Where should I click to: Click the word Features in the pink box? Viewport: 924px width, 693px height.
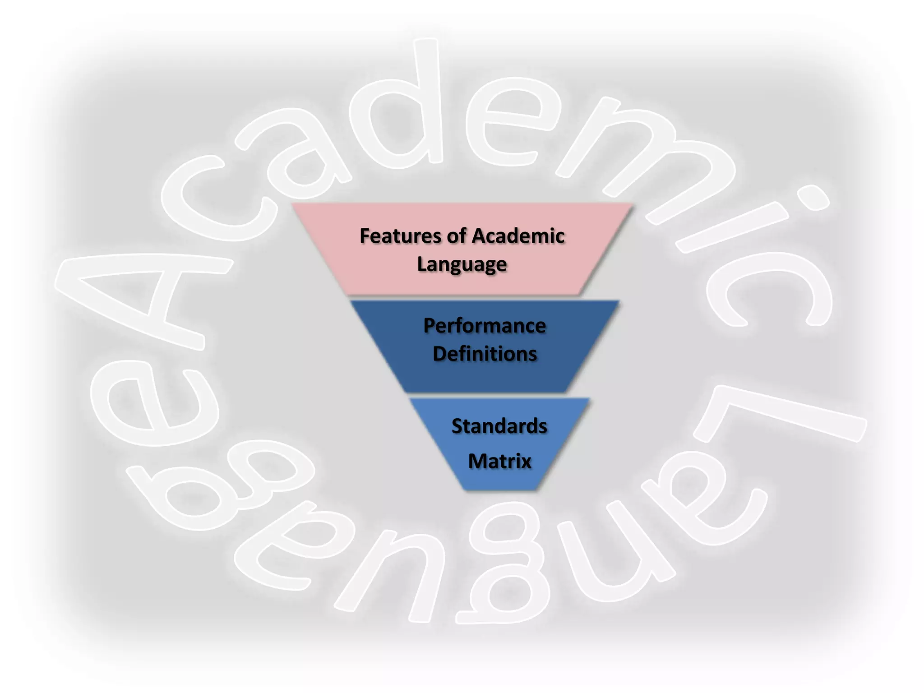400,236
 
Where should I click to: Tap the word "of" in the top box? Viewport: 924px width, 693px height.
456,236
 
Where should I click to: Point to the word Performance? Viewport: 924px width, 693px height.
485,326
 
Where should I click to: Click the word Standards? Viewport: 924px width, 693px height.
499,426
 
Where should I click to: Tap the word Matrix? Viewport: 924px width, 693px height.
499,461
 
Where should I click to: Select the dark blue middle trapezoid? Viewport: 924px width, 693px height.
485,379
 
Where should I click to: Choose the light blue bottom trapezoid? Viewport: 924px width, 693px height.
499,478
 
